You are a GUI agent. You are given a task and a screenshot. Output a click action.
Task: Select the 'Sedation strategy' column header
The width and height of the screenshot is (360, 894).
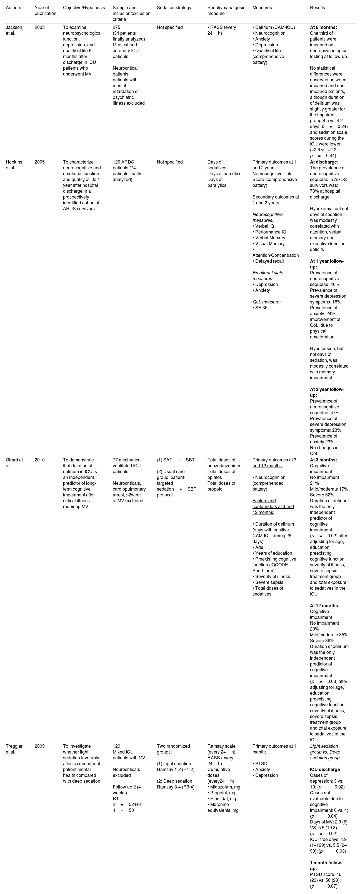point(174,8)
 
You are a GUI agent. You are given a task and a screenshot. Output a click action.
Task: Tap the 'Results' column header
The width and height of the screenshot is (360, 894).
point(317,8)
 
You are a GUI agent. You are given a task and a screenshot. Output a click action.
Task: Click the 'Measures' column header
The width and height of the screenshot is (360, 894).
point(262,8)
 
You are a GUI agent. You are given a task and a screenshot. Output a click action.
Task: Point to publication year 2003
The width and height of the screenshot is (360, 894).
point(39,27)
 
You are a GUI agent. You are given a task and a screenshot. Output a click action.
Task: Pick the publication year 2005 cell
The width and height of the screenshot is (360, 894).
point(39,162)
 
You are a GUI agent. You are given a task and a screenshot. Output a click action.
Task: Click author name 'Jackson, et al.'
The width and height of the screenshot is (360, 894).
point(14,30)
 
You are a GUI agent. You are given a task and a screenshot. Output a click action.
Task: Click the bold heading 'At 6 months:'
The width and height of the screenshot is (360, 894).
point(323,27)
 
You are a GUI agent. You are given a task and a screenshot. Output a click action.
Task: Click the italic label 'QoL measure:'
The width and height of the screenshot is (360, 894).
point(266,302)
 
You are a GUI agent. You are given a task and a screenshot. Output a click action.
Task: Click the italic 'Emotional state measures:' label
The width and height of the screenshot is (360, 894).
point(268,275)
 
